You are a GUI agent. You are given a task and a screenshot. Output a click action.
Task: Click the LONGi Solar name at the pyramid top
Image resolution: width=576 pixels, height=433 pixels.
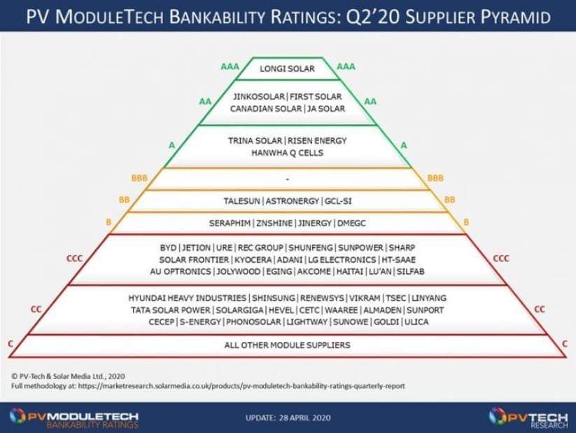click(287, 69)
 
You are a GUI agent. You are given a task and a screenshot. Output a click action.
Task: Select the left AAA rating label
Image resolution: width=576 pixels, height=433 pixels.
click(230, 67)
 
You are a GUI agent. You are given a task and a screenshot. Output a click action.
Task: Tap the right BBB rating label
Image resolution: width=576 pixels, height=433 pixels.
click(435, 178)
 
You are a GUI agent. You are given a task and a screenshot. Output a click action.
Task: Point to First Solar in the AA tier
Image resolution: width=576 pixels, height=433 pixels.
click(316, 97)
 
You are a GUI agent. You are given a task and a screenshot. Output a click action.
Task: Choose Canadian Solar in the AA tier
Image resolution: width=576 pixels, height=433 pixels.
click(265, 109)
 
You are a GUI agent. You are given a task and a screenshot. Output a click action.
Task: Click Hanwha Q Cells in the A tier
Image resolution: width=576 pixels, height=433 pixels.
click(287, 153)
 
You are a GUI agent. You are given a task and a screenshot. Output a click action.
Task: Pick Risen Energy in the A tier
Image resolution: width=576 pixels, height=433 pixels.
click(317, 141)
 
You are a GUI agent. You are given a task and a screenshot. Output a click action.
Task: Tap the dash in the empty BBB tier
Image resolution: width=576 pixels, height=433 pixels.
click(287, 179)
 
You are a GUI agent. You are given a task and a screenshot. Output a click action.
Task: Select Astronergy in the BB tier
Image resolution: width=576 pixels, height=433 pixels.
click(293, 201)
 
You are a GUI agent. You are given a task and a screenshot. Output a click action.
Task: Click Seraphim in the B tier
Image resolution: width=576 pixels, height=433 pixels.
click(230, 223)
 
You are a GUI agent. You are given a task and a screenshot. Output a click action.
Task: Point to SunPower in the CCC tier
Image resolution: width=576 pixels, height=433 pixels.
click(360, 247)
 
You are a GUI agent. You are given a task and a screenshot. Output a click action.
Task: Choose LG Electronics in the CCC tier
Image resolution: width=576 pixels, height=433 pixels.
click(342, 260)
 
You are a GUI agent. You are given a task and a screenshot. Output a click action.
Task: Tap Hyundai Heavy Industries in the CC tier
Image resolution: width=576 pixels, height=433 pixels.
click(188, 298)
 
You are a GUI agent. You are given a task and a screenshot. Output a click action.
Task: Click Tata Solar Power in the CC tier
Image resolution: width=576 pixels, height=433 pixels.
click(171, 310)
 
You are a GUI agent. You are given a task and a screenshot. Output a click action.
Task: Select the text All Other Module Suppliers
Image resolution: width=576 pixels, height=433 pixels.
click(287, 345)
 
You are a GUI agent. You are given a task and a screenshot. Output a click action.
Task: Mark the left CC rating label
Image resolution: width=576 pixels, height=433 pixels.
click(36, 310)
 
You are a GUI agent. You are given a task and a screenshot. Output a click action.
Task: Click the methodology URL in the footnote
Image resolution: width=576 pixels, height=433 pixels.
click(241, 386)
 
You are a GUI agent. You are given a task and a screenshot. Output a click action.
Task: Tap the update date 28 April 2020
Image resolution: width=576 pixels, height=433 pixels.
click(305, 418)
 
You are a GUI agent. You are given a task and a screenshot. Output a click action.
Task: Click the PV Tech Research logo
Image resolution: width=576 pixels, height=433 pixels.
click(528, 418)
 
